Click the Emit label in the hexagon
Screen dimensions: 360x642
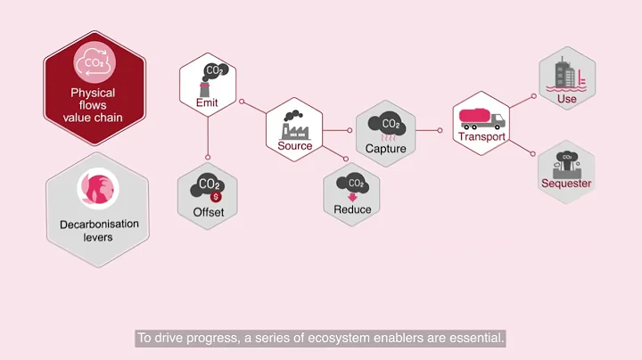click(207, 102)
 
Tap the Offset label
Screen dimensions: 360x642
click(208, 212)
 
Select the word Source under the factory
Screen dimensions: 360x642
click(295, 146)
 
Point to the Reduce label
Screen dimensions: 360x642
click(352, 209)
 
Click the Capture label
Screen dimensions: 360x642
click(386, 150)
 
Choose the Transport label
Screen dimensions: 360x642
click(481, 136)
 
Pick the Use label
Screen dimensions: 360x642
click(567, 99)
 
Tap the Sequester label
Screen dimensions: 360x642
click(566, 184)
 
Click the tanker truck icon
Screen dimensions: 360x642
click(481, 117)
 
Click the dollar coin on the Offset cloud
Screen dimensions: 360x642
click(214, 195)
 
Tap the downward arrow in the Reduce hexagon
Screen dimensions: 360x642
click(352, 196)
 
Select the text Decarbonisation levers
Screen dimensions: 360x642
click(98, 230)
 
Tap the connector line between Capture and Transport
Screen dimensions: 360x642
click(430, 130)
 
